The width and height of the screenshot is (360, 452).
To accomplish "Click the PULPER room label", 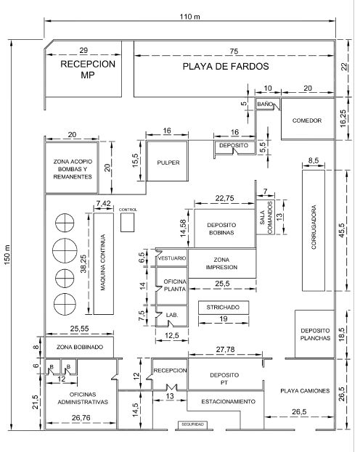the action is [168, 163].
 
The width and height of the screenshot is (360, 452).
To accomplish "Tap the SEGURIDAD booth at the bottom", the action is [192, 424].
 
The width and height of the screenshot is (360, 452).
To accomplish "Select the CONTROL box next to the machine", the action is [127, 222].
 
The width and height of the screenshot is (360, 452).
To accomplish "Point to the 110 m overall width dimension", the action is [190, 17].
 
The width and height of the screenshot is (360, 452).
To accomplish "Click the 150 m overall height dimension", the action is [7, 255].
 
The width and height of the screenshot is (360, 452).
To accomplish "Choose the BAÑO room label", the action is [265, 104].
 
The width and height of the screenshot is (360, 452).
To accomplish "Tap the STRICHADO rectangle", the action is [224, 308].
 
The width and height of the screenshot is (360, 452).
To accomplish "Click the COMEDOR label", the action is [307, 120].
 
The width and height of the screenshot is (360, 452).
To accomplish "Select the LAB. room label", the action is [172, 315].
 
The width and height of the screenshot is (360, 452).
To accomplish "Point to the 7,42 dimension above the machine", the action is [103, 204].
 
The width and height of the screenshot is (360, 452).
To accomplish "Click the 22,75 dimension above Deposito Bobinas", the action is [224, 198].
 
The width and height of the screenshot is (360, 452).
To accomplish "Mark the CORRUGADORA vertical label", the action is [314, 227].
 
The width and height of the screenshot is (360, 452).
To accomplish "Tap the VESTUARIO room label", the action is [172, 258].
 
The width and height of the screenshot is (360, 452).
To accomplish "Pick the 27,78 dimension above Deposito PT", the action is [225, 350].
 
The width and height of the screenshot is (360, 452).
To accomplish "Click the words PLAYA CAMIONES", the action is [305, 391].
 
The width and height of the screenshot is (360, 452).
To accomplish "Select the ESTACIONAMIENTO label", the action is [228, 401].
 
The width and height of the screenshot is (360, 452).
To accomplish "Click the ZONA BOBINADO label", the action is [80, 347].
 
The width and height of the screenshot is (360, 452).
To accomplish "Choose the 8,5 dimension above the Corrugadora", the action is [314, 160].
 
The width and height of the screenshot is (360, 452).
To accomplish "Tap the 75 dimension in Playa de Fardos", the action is [234, 52].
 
